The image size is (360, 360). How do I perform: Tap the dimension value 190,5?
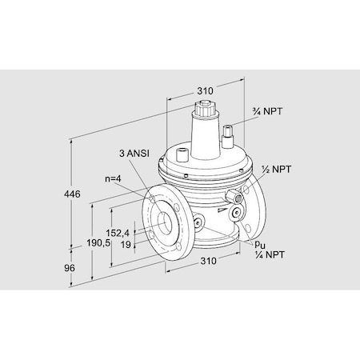pos(97,242)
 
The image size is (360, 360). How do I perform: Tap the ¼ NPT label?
pos(268,254)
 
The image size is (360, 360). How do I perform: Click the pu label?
pos(259,242)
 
